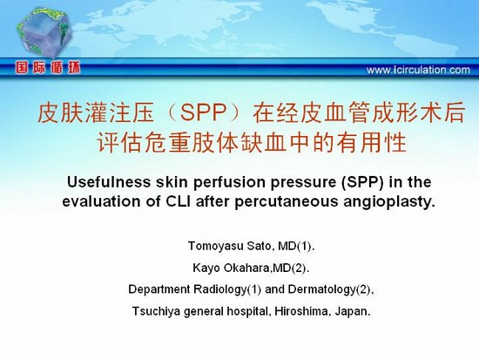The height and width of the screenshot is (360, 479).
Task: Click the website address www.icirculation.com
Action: [418, 70]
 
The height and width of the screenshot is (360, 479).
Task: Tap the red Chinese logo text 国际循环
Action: [48, 68]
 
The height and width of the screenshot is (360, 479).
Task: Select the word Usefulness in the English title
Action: [109, 182]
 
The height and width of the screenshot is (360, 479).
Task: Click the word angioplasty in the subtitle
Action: [388, 202]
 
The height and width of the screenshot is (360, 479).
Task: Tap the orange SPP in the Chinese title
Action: [203, 112]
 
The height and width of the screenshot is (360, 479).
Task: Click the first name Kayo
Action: [206, 268]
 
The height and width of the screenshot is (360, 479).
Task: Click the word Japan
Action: [353, 312]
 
